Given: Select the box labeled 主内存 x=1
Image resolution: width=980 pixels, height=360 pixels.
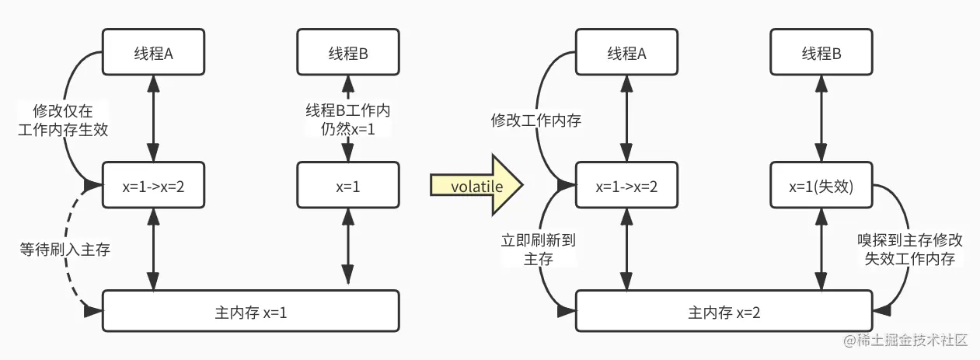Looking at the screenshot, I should (x=251, y=313).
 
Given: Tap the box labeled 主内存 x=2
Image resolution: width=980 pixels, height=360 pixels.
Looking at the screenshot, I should (x=724, y=313).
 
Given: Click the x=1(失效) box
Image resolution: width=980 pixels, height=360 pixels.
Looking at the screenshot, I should (x=821, y=187).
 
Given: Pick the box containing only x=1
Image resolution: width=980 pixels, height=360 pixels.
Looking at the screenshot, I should (x=348, y=187).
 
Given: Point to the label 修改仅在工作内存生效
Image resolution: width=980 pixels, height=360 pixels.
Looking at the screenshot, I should (x=62, y=120).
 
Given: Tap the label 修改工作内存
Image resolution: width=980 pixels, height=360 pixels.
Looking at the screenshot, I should (x=535, y=121).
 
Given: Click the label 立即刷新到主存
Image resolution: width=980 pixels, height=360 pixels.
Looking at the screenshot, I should (x=538, y=250).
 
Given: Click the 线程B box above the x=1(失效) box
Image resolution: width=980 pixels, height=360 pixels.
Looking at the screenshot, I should (x=821, y=54).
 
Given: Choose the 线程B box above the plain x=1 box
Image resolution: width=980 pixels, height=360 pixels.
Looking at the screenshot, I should (x=348, y=54).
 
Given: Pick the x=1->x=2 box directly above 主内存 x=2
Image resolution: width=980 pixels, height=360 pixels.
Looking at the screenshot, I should (x=626, y=187).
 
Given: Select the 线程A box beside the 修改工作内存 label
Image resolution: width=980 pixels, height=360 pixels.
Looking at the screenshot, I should (x=626, y=54).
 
